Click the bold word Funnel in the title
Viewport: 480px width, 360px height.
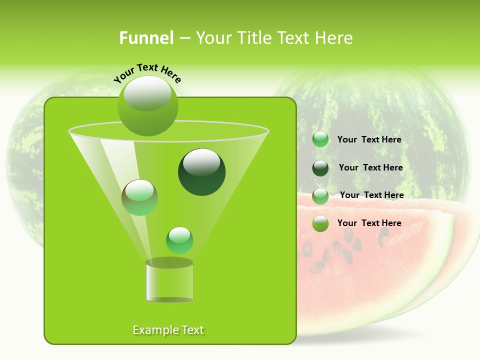146,38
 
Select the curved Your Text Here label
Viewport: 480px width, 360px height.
147,72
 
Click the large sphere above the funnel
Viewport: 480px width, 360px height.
147,106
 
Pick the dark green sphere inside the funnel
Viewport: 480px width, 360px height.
201,171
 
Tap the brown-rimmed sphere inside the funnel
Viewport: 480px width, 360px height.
139,197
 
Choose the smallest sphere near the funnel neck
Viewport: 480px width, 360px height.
179,240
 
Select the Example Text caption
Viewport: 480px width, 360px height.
168,330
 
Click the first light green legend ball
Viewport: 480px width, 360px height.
320,139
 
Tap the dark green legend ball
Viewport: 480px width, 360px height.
320,168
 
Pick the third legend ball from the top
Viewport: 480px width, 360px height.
320,195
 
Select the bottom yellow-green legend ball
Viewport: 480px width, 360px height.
320,223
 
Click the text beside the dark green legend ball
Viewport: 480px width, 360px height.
370,167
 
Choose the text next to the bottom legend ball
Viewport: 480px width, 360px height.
369,223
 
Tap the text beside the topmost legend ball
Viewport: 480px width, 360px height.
369,139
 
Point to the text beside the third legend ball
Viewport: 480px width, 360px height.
371,195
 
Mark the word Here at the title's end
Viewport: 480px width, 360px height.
334,38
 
